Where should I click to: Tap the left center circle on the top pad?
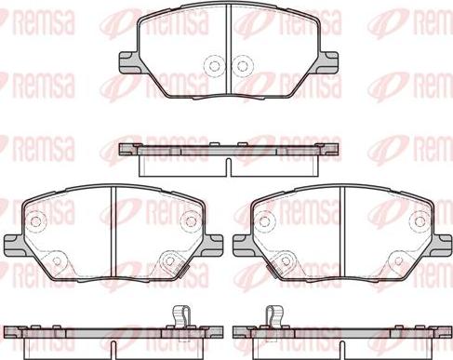(x=214, y=66)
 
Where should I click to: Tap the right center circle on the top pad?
(x=242, y=66)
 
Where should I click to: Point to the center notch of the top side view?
(x=228, y=167)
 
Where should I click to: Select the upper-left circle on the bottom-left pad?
(x=36, y=220)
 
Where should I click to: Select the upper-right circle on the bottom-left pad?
(x=190, y=220)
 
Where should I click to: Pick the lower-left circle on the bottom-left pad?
(x=57, y=260)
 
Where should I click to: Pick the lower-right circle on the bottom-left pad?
(x=169, y=260)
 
